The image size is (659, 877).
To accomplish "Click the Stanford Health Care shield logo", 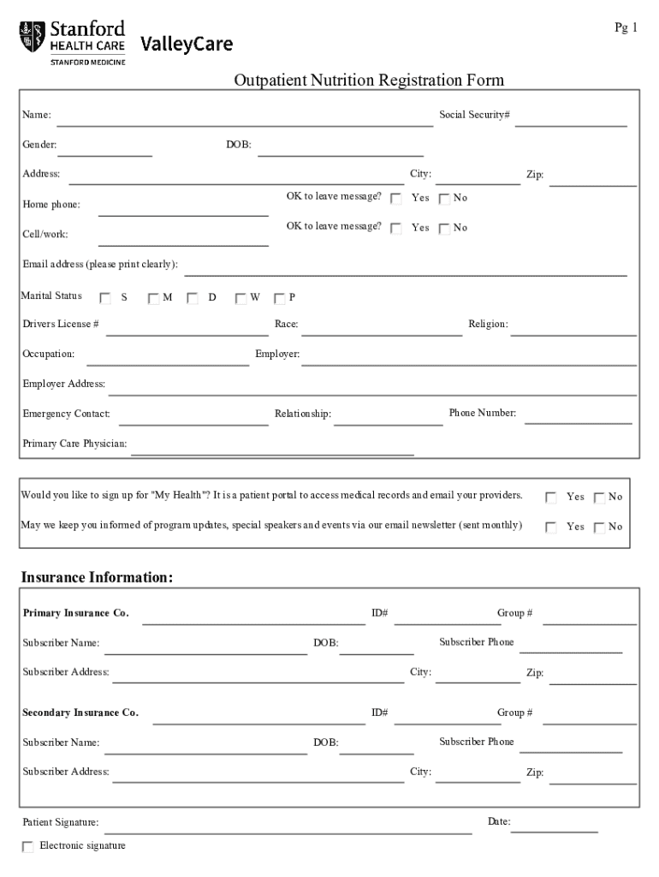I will (x=31, y=37).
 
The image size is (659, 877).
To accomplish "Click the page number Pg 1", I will (x=626, y=28).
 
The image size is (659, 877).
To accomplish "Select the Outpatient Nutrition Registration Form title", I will (x=369, y=81).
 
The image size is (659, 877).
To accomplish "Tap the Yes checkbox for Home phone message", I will (x=396, y=199).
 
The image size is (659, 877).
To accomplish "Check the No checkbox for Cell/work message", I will (x=444, y=229).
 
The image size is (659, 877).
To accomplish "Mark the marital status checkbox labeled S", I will (x=105, y=298).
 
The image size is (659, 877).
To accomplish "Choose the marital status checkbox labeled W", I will (x=240, y=298).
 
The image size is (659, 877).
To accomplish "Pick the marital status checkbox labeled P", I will (x=279, y=298).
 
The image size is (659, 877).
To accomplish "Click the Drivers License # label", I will (x=61, y=324).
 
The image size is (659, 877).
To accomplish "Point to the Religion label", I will (x=488, y=324).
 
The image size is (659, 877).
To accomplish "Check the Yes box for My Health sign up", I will (x=551, y=498).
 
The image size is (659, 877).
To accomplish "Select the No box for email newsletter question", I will (x=599, y=528).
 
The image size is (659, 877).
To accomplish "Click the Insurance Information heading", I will (x=97, y=578).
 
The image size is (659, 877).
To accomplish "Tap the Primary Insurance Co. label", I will (x=76, y=613).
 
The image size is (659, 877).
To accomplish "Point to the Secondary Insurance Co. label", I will (x=80, y=713).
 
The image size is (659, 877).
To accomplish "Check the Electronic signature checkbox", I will (x=28, y=847).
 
